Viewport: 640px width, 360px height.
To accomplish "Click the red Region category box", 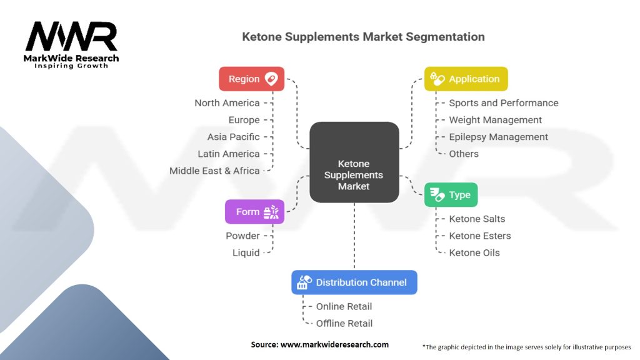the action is pos(251,79).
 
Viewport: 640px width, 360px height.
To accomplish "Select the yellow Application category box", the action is pos(466,79).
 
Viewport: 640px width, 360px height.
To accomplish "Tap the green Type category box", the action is pos(451,195).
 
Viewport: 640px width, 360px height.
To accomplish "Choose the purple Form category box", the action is pos(255,211).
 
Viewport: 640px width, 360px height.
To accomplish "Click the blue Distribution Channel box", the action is pos(354,282).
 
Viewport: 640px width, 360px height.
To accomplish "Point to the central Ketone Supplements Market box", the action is pos(354,162).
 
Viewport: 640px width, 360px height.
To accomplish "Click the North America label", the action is pos(227,103).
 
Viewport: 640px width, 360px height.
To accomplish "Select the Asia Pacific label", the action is pos(234,137).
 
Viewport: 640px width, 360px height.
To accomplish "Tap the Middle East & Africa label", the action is pos(215,171).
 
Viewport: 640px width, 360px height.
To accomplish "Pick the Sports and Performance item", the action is pos(504,103).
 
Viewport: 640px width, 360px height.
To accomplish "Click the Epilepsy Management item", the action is pos(498,137).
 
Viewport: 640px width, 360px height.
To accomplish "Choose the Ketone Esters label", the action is pos(480,236).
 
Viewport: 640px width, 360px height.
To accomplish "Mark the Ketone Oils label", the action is pos(474,252).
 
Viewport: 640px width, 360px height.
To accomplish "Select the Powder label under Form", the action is pos(243,236).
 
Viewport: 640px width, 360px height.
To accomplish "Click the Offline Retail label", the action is pos(344,323).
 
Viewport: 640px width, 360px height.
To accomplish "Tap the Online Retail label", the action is pos(344,306).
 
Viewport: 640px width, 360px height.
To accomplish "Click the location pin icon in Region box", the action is pos(271,78).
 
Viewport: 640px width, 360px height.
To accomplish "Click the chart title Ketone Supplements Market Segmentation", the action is pos(363,37).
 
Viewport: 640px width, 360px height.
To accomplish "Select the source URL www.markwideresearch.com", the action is pos(335,344).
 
